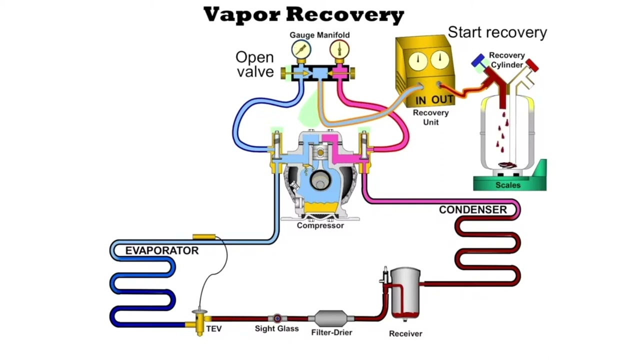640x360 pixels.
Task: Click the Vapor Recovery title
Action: [303, 14]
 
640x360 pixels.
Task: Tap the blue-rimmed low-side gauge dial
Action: [301, 49]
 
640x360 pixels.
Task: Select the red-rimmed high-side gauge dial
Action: [339, 49]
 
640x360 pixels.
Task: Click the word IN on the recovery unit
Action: [421, 100]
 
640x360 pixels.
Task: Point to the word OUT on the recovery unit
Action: [442, 99]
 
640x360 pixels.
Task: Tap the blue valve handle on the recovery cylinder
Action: [478, 60]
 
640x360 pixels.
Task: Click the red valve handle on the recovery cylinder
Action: [532, 65]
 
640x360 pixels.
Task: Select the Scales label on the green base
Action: [508, 185]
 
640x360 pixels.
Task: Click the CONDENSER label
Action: [473, 209]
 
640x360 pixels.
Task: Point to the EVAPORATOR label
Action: [162, 250]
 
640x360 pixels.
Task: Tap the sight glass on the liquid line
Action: [277, 318]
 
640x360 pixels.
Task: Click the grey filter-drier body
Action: [331, 318]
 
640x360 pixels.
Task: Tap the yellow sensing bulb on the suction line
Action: [204, 236]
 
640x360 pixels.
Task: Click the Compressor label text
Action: [320, 225]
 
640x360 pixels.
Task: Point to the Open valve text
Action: [255, 64]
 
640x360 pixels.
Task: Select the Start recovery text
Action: [497, 32]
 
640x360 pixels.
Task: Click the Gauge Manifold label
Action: [319, 35]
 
